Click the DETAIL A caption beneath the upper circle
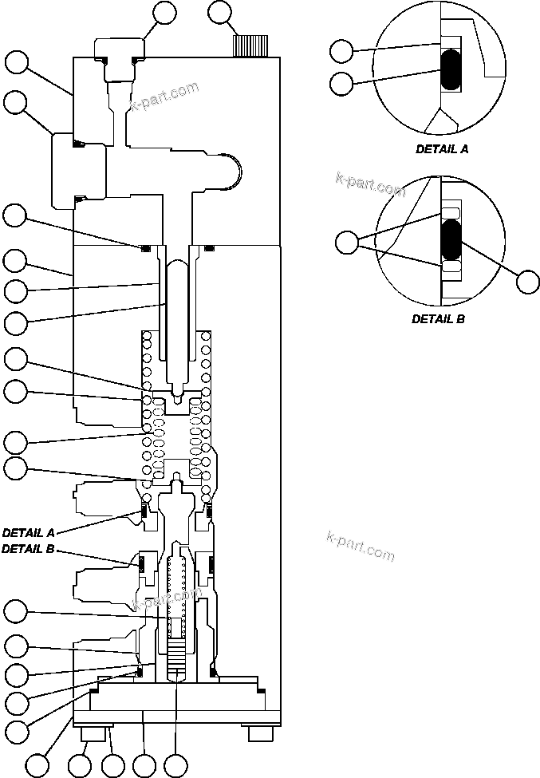point(442,149)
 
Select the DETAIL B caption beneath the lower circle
point(438,318)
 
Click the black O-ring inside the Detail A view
point(451,70)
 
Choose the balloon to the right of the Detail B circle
point(528,281)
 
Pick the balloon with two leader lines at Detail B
point(348,243)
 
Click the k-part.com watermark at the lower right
point(361,547)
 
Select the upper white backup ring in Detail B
point(451,211)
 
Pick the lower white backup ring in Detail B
point(451,271)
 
